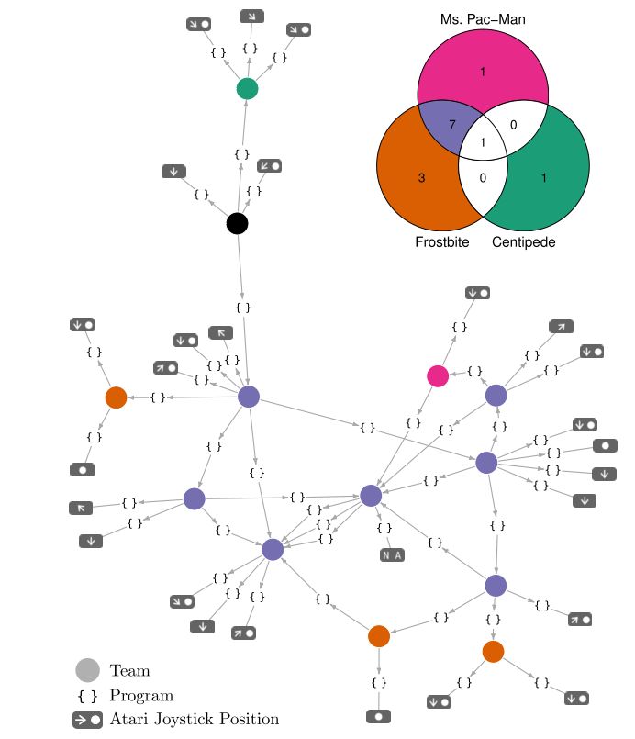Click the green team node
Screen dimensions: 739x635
[x=247, y=88]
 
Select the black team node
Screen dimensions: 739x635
[x=238, y=223]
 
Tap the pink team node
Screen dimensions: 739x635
[x=438, y=375]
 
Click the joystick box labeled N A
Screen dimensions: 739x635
[x=392, y=554]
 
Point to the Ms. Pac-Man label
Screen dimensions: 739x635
[x=483, y=18]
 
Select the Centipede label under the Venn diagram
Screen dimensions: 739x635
[x=523, y=242]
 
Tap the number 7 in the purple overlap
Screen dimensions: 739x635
[x=451, y=123]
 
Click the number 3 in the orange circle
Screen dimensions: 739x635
[x=421, y=178]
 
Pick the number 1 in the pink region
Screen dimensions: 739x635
[x=483, y=71]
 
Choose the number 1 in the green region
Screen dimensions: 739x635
[x=543, y=178]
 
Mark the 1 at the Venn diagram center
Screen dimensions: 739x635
[x=483, y=142]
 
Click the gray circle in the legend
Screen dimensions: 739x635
[x=87, y=671]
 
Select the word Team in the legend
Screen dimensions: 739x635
[x=129, y=671]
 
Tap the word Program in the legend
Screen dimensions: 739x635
[x=141, y=696]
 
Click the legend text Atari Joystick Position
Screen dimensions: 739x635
[x=194, y=720]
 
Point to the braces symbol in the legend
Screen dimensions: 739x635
[x=87, y=696]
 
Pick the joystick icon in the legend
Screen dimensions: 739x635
[x=87, y=720]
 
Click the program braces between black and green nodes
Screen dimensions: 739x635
[x=240, y=154]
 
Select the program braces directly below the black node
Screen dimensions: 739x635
[x=241, y=307]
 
